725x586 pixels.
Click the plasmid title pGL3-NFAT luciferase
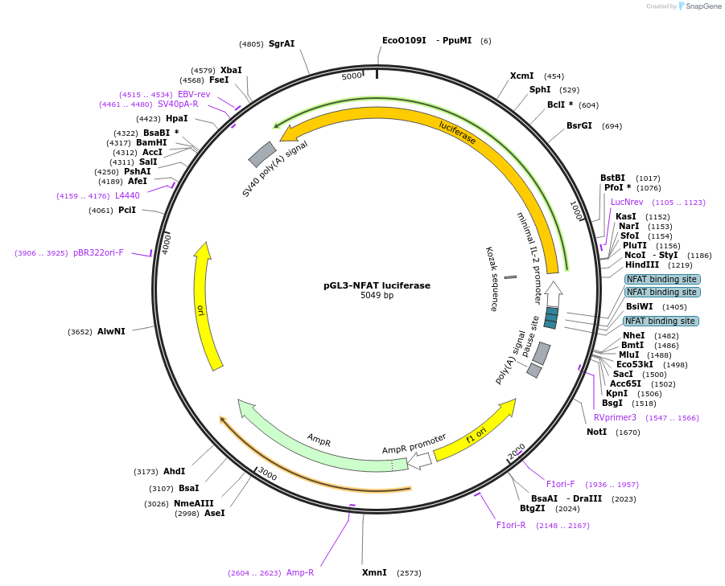(x=377, y=285)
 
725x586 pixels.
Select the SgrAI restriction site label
(x=282, y=43)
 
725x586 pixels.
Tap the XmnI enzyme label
(x=374, y=572)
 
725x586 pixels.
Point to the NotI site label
(x=596, y=432)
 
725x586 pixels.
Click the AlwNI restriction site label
(x=111, y=331)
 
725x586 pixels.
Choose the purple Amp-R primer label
(x=300, y=572)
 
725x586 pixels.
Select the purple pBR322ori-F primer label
(x=98, y=252)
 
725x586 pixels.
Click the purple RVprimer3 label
(x=615, y=417)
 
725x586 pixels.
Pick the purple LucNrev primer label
(x=627, y=202)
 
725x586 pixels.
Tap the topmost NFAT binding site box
(x=662, y=279)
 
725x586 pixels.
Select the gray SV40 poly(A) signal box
(x=262, y=154)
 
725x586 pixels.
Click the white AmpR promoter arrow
(x=419, y=459)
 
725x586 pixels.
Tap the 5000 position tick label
(x=352, y=76)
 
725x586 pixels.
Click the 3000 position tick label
(x=267, y=475)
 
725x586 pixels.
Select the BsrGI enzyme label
(x=579, y=125)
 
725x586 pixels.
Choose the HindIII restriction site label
(x=641, y=264)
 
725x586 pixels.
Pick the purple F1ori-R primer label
(x=510, y=525)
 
